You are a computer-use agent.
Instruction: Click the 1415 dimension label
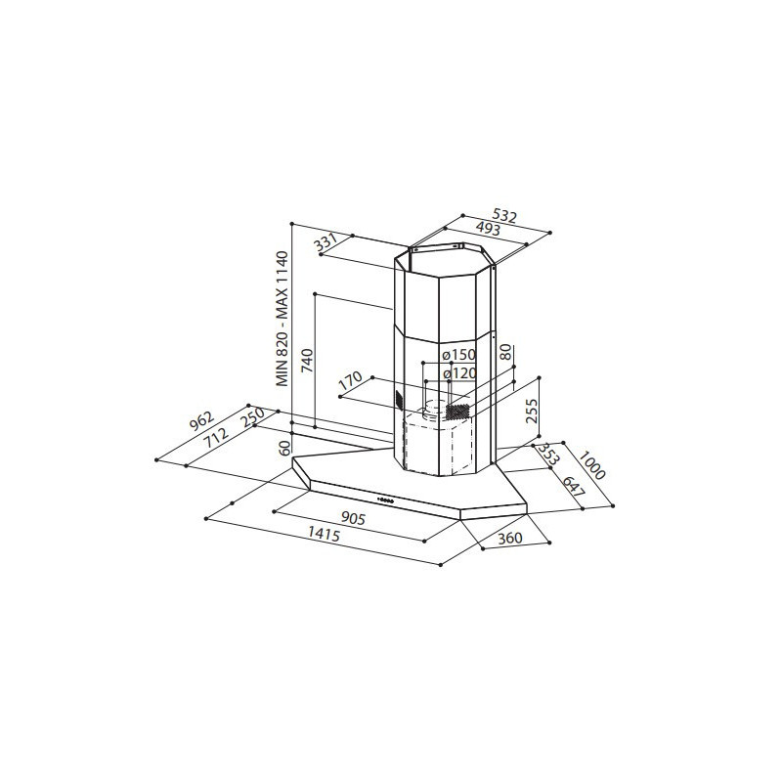pos(324,535)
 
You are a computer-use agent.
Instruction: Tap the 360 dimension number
pos(510,538)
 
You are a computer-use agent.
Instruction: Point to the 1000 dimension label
pos(593,464)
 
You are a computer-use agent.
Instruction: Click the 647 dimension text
pos(574,485)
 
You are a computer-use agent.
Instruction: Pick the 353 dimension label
pos(547,454)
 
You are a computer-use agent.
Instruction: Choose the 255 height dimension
pos(532,411)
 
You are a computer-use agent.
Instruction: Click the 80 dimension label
pos(505,352)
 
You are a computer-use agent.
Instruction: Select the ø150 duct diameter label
pos(459,355)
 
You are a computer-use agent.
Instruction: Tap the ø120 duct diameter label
pos(459,373)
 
